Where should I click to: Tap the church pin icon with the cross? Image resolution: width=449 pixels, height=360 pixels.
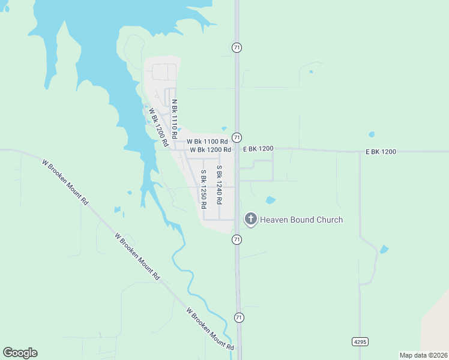(x=251, y=219)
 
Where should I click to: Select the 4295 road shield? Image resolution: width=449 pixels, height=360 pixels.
(x=360, y=341)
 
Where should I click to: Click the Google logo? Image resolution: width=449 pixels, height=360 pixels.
(x=20, y=353)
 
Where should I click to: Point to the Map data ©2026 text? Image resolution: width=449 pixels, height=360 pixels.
(x=424, y=355)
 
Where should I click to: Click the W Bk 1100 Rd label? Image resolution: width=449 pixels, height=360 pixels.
(x=207, y=142)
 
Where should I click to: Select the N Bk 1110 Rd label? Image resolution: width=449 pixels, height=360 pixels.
(x=175, y=116)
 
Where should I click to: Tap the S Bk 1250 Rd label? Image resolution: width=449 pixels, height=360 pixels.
(x=203, y=188)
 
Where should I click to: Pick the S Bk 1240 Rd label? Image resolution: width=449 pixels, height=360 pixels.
(x=220, y=184)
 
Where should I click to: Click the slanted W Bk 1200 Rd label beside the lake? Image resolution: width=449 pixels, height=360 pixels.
(x=158, y=127)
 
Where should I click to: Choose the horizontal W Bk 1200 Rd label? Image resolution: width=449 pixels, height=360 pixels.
(x=211, y=149)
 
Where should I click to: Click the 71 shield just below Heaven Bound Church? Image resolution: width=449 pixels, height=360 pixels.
(x=237, y=239)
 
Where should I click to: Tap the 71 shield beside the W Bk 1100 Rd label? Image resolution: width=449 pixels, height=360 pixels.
(x=237, y=137)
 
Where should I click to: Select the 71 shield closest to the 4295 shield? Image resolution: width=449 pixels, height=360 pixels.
(x=240, y=317)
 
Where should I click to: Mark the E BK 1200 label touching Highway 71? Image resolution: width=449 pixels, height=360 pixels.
(x=258, y=148)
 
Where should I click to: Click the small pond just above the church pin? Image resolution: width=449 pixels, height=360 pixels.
(x=271, y=200)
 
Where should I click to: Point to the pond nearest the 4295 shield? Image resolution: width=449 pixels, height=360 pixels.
(x=384, y=249)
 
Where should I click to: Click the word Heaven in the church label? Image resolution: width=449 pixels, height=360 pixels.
(x=274, y=220)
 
